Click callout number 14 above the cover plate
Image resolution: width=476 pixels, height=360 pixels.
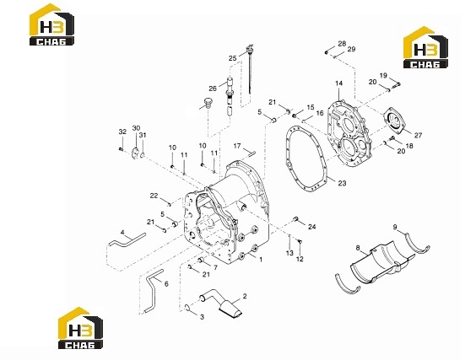click(x=338, y=83)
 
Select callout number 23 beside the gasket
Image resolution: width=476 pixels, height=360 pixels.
click(x=342, y=183)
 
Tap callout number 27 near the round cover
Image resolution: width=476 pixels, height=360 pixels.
click(x=418, y=135)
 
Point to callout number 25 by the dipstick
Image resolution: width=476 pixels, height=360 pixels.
click(x=233, y=58)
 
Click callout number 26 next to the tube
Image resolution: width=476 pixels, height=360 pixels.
click(x=213, y=89)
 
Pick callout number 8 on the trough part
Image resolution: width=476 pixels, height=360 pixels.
click(x=358, y=248)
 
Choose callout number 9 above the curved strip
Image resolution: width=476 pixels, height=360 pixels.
click(x=395, y=227)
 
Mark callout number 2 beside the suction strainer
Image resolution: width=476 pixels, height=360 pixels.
click(x=245, y=296)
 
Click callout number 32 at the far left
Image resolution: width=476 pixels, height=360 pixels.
click(x=122, y=132)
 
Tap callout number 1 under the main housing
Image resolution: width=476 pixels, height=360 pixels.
click(x=261, y=260)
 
